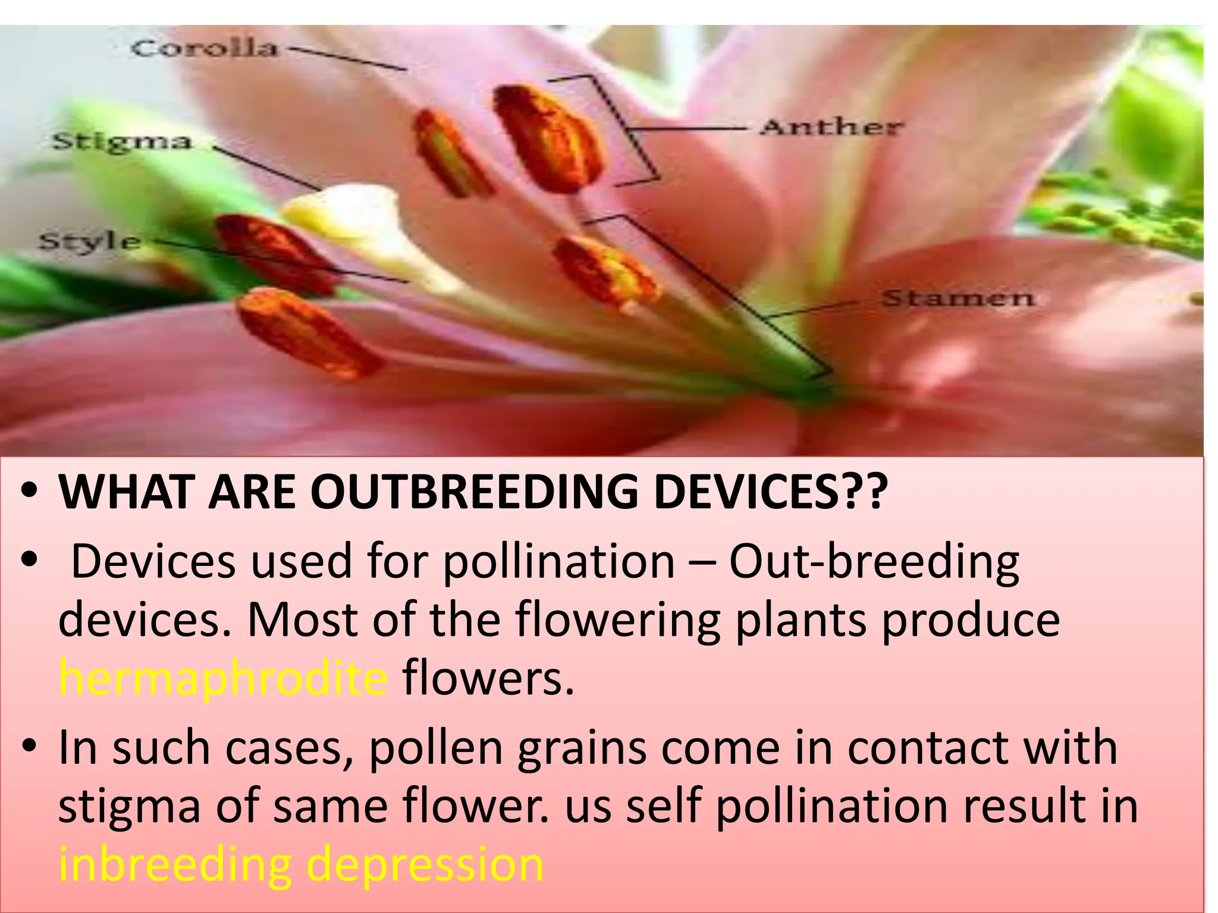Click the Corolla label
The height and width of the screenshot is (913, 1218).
[x=204, y=48]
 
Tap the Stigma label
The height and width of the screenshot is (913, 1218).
[x=122, y=142]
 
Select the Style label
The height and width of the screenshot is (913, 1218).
[x=90, y=242]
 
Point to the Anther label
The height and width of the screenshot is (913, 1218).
[x=831, y=127]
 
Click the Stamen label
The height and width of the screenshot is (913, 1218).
[x=958, y=298]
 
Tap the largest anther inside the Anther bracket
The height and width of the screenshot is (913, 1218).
[x=547, y=140]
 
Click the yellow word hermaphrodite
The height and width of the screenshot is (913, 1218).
[x=223, y=679]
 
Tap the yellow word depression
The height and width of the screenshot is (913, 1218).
[x=425, y=864]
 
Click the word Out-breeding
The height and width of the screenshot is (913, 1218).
[x=874, y=561]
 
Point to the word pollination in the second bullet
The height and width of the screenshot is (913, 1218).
[x=559, y=561]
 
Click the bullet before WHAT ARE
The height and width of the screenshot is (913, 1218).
[x=29, y=492]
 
